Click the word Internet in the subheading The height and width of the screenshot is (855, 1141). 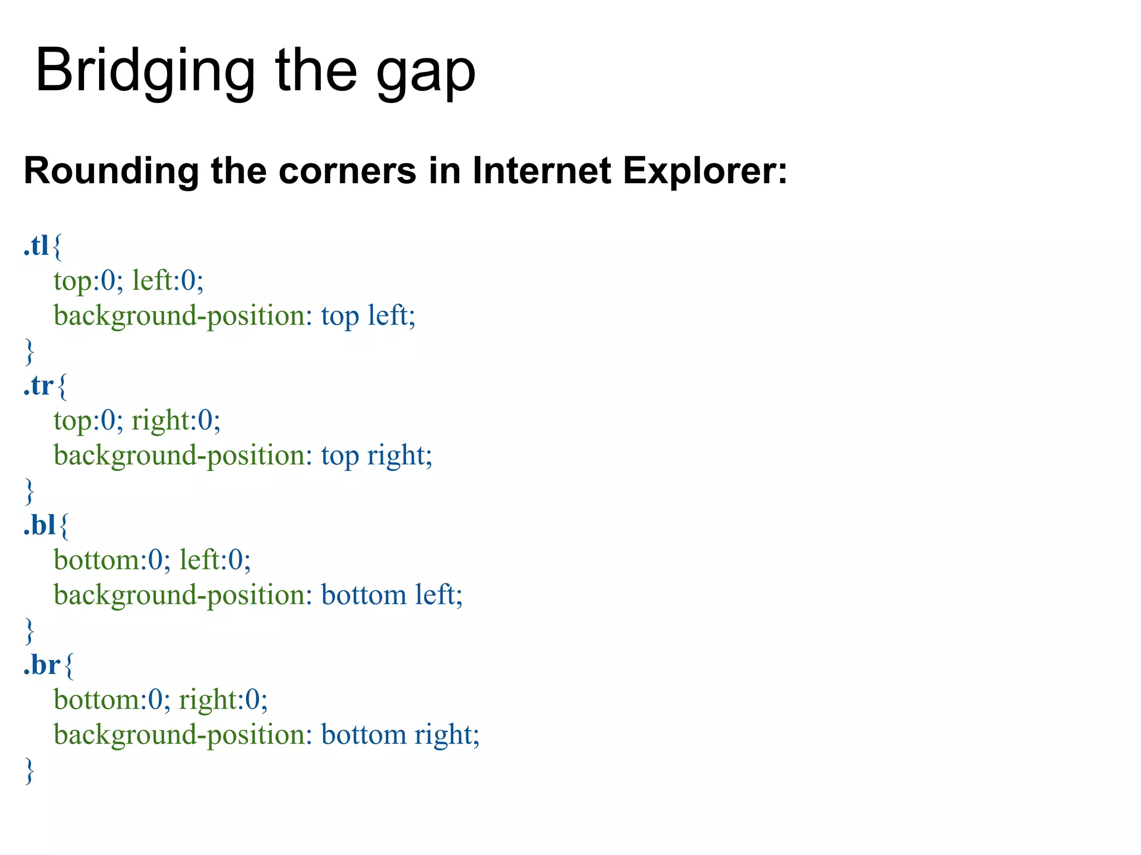pos(542,170)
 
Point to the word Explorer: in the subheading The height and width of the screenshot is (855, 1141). pos(705,171)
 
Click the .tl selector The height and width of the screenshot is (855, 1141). pos(36,245)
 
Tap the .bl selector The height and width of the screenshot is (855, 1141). pos(40,525)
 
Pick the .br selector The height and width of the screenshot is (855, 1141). pos(42,665)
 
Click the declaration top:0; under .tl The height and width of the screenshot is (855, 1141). pos(88,281)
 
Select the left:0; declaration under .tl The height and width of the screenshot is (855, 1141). pos(168,280)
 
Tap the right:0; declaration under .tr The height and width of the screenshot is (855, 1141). pos(176,420)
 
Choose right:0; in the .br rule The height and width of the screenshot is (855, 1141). pos(223,700)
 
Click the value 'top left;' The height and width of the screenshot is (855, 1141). pos(368,316)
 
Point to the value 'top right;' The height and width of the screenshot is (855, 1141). pos(377,456)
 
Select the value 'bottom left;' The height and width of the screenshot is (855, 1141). pos(392,595)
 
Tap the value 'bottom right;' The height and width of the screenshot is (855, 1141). pos(400,735)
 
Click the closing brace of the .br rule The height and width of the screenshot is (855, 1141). pos(30,770)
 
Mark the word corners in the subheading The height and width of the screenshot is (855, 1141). pos(347,170)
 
